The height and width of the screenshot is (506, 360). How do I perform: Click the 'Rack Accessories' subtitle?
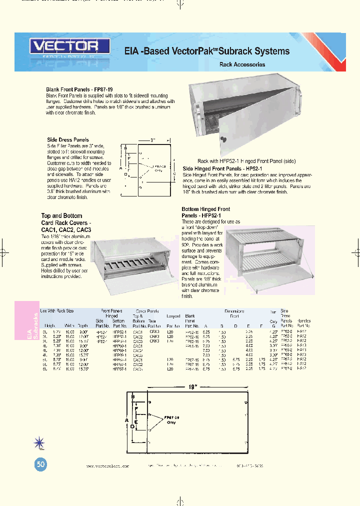point(242,64)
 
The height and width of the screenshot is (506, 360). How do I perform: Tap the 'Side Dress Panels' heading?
point(67,140)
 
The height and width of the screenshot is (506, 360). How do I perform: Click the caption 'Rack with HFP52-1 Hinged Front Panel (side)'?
point(246,161)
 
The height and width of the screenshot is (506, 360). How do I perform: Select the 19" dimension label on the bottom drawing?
point(193,386)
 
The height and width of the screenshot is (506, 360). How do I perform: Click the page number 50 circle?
point(41,464)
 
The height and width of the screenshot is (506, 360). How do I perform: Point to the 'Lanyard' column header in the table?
point(172,316)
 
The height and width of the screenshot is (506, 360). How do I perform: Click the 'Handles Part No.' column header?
point(303,322)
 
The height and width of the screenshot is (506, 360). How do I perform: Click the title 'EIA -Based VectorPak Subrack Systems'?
point(206,51)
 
